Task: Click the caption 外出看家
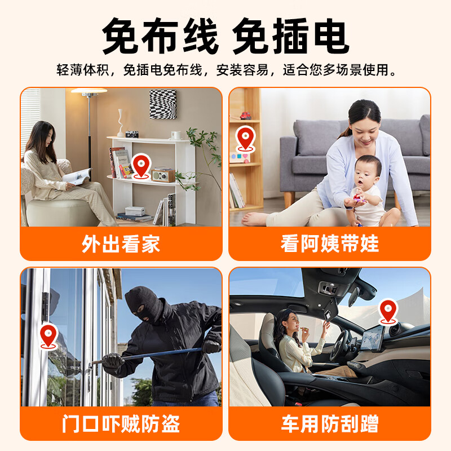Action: (121, 244)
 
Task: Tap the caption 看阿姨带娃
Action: (330, 244)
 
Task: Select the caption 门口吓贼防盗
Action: (121, 423)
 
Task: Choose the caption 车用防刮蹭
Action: (330, 423)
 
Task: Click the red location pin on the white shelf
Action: (142, 165)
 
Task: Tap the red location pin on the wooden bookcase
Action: (245, 139)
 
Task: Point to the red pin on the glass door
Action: (48, 336)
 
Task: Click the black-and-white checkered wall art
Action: (162, 104)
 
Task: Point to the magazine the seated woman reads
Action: (77, 176)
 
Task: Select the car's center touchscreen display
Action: (372, 339)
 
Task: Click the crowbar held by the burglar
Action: (147, 355)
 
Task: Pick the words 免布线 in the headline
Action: (161, 37)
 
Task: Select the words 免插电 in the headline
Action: (290, 37)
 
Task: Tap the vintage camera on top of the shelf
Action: (132, 134)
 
